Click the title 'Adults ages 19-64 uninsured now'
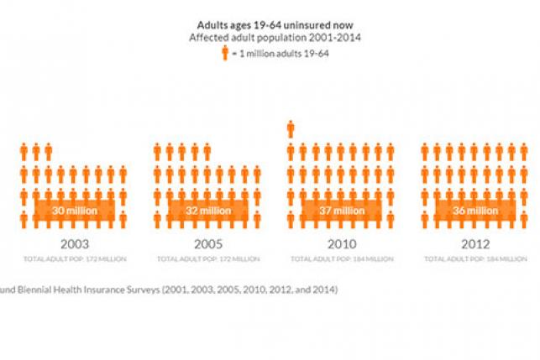click(270, 25)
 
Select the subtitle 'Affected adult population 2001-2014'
click(270, 38)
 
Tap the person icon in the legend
click(225, 54)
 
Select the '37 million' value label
click(342, 211)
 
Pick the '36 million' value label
click(474, 211)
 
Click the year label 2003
click(74, 244)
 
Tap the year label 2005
click(207, 244)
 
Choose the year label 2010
click(342, 244)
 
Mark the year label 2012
click(474, 244)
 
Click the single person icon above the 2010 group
click(291, 128)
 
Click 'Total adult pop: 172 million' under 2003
click(74, 259)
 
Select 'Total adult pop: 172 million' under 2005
click(207, 259)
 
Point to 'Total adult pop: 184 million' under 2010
click(342, 259)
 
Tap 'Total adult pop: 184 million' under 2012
click(474, 259)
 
